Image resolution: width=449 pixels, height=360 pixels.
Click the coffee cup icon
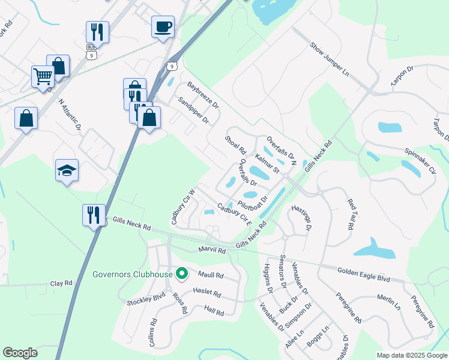(x=163, y=27)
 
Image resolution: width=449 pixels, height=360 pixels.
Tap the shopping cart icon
(x=43, y=77)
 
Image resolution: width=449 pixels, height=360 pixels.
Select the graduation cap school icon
(x=67, y=171)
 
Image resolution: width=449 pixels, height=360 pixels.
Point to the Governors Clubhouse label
(x=133, y=275)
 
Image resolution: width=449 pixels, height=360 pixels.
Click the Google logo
(x=20, y=353)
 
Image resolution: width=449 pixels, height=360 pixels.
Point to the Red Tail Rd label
(x=349, y=215)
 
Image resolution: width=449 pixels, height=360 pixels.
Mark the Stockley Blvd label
(x=145, y=298)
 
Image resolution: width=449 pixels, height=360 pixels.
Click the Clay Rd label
(x=61, y=283)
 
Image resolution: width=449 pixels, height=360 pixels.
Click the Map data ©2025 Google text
(x=411, y=355)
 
